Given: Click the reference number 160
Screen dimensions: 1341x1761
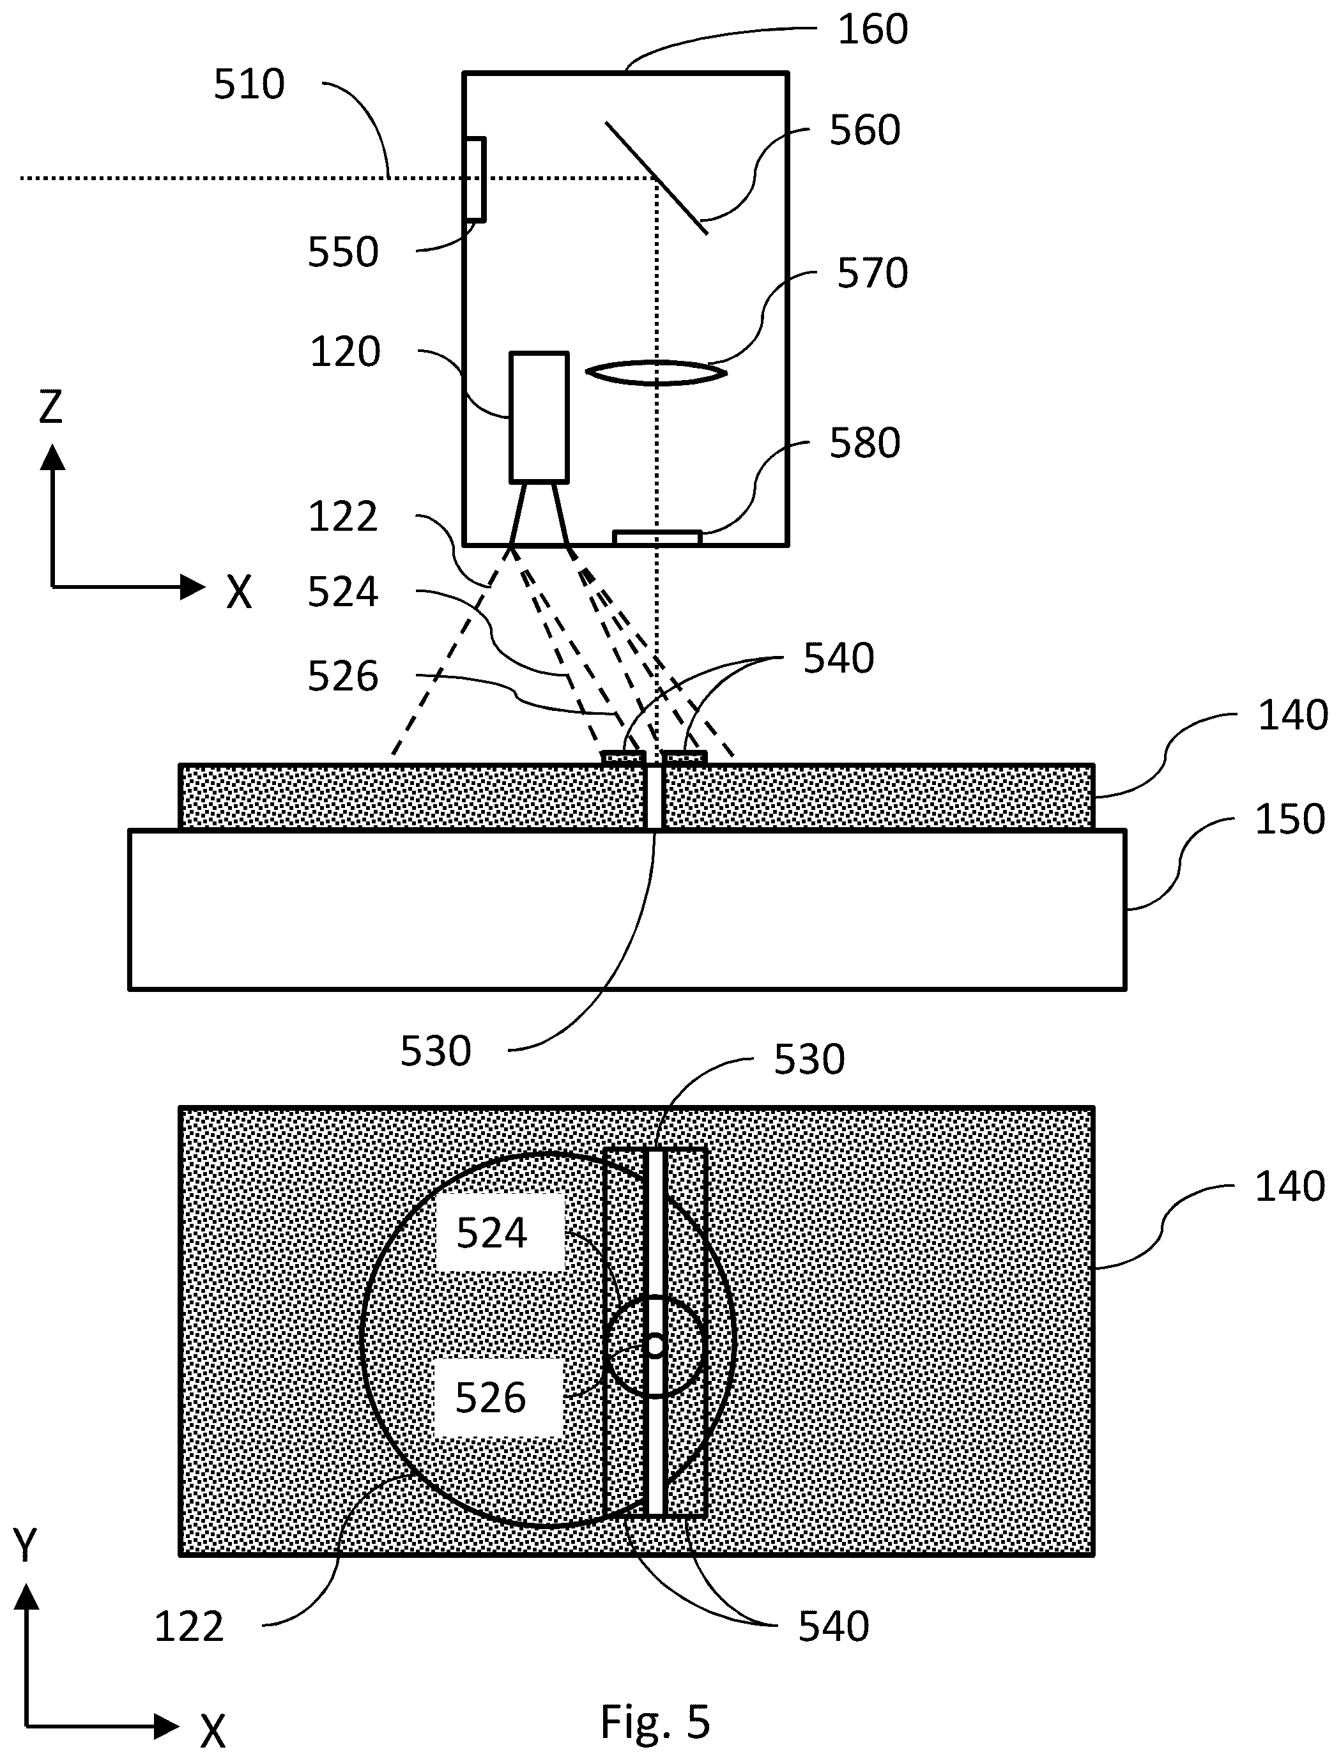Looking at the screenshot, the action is click(873, 29).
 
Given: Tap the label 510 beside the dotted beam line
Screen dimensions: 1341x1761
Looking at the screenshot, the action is click(249, 84).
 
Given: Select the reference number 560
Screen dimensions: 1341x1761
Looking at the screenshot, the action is click(864, 130).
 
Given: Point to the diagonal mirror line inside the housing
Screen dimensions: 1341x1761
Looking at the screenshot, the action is click(656, 178).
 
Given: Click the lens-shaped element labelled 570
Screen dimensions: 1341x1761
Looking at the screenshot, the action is click(656, 372).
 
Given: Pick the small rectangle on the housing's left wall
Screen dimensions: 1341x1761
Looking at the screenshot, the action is click(475, 179).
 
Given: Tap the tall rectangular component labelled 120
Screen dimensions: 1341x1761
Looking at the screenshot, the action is click(540, 417).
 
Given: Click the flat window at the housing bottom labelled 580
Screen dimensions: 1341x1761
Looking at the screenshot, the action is click(657, 538).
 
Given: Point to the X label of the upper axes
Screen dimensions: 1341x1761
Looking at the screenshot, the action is click(239, 593).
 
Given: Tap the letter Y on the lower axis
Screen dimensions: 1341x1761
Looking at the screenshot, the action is click(26, 1546).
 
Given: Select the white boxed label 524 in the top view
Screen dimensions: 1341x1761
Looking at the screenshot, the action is click(492, 1233).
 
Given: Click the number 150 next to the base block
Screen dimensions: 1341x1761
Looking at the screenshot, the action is click(1290, 820).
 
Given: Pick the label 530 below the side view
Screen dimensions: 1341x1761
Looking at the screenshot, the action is click(436, 1051).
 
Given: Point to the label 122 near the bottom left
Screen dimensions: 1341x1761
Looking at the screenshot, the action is click(189, 1627).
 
